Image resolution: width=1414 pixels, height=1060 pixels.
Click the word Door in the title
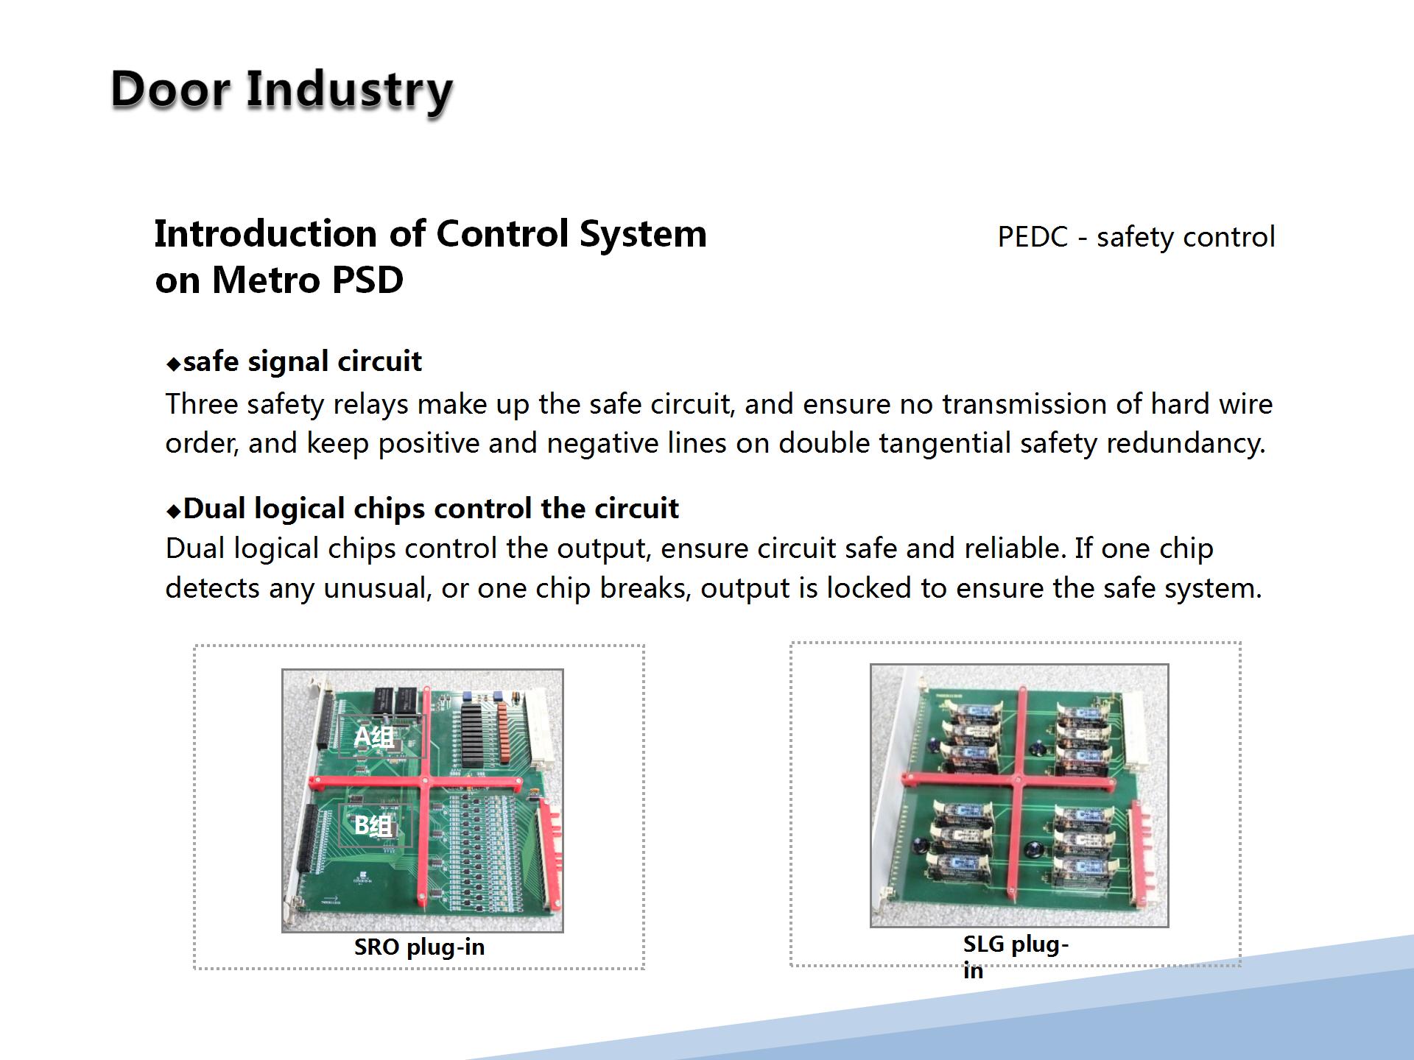[x=170, y=89]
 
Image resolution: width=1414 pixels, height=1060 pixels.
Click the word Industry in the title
[x=349, y=92]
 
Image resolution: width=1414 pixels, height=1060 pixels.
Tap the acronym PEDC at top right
[x=1033, y=237]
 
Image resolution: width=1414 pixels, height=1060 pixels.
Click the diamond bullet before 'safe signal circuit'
[x=174, y=364]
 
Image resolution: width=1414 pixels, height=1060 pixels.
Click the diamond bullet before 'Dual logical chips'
[x=174, y=511]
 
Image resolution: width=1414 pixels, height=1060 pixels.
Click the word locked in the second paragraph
[x=869, y=588]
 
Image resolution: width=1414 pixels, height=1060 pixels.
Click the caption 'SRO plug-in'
[x=420, y=947]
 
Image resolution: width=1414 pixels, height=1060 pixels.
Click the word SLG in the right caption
[x=984, y=944]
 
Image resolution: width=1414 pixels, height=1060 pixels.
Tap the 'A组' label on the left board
[x=374, y=737]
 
